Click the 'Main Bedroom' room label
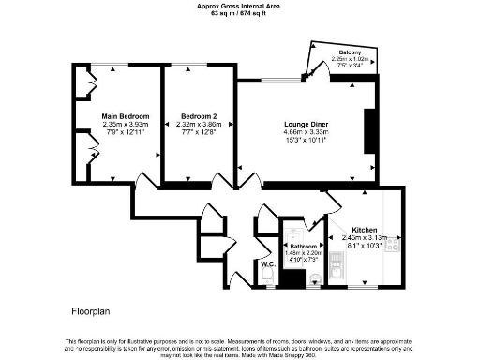click(x=126, y=116)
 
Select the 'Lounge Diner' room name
click(x=306, y=124)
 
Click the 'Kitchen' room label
click(x=364, y=230)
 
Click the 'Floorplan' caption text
click(x=92, y=309)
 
